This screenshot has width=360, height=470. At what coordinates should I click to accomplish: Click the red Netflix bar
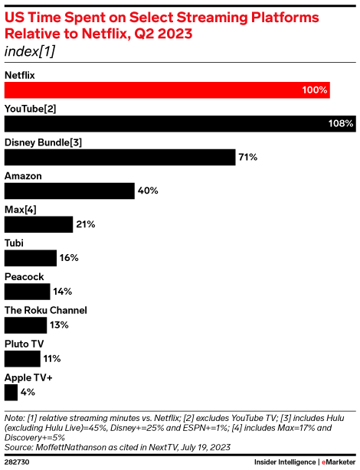[x=167, y=90]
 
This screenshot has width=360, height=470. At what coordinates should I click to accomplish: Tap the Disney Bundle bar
[x=119, y=157]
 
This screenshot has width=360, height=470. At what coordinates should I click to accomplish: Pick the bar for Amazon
[x=69, y=191]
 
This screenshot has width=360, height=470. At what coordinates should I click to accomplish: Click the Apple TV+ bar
[x=11, y=392]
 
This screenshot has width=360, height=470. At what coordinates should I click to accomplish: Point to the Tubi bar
[x=31, y=257]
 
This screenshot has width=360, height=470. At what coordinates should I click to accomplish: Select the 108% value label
[x=342, y=123]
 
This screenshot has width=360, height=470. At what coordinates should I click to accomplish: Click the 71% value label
[x=247, y=157]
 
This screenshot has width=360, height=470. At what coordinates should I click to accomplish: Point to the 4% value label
[x=28, y=392]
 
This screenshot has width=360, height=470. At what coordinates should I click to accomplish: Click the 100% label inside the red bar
[x=314, y=90]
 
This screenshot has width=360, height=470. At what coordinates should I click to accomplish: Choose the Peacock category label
[x=25, y=276]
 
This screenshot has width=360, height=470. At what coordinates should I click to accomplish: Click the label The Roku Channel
[x=46, y=310]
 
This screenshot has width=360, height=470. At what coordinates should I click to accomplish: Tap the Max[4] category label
[x=21, y=210]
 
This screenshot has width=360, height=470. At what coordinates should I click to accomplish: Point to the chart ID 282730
[x=18, y=462]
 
